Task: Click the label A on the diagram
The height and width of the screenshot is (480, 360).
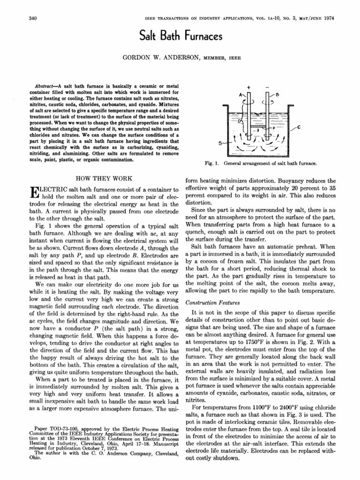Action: pyautogui.click(x=241, y=94)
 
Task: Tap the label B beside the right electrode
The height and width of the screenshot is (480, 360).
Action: pyautogui.click(x=277, y=94)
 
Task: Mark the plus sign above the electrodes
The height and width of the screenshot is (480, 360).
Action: pyautogui.click(x=249, y=87)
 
